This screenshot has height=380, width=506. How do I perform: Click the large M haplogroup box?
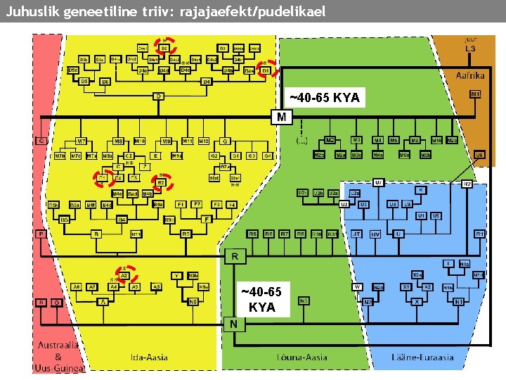click(281, 117)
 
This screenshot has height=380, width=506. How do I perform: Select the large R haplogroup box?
click(234, 257)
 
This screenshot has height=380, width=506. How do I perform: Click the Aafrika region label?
click(469, 74)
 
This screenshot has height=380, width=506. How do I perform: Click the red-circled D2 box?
click(165, 47)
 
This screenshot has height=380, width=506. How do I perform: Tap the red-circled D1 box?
click(266, 70)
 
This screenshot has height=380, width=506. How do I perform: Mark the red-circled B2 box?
click(160, 182)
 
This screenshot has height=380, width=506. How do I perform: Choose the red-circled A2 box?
click(124, 276)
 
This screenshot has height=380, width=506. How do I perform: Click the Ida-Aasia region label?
click(149, 357)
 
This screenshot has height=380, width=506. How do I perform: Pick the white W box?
click(358, 287)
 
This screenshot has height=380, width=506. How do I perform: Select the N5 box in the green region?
click(304, 300)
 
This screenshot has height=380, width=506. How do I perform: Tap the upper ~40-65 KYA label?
click(325, 98)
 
